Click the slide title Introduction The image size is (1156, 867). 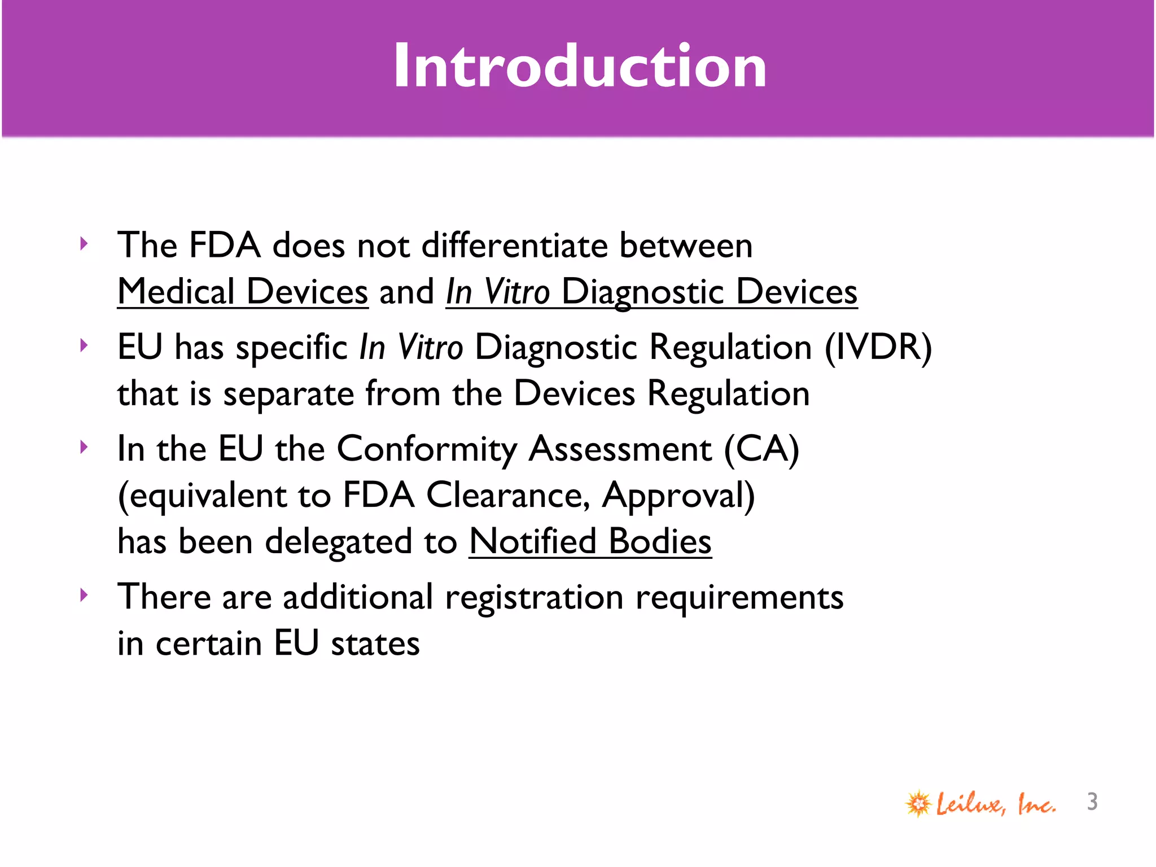click(x=580, y=66)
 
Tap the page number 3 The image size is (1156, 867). click(x=1092, y=802)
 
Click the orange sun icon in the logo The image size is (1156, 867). click(x=918, y=803)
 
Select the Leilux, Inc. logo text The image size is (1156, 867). click(x=996, y=803)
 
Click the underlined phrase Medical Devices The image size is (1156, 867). click(x=243, y=292)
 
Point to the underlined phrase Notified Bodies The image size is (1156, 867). click(x=590, y=541)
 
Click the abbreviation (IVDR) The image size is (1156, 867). click(x=878, y=347)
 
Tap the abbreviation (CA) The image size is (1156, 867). click(x=761, y=449)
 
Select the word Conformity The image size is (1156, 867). click(x=427, y=449)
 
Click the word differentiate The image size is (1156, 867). click(x=514, y=246)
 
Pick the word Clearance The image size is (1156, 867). click(x=508, y=496)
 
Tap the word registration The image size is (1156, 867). click(x=534, y=597)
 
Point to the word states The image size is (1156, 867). click(x=375, y=643)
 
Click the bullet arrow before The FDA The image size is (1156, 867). click(x=84, y=244)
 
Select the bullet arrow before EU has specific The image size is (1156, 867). click(x=84, y=345)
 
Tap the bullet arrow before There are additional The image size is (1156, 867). click(x=84, y=595)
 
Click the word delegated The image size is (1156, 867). click(x=339, y=542)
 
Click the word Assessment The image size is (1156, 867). click(x=620, y=449)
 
